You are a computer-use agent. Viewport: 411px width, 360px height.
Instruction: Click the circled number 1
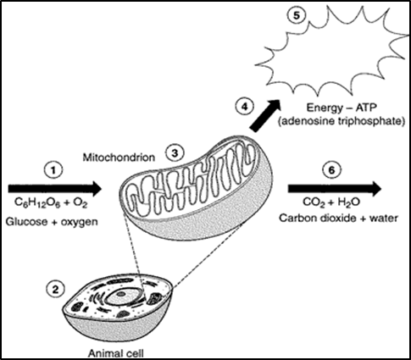click(53, 170)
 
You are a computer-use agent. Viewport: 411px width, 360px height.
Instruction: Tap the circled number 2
click(56, 290)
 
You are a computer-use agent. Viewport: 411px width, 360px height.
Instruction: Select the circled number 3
click(175, 153)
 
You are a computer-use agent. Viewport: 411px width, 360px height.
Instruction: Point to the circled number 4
click(245, 107)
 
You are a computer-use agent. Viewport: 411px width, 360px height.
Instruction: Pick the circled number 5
click(297, 15)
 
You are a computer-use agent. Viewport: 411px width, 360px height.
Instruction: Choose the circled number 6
click(332, 170)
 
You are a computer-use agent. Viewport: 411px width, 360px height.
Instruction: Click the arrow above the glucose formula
click(55, 189)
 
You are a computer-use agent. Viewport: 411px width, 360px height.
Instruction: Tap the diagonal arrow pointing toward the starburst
click(265, 115)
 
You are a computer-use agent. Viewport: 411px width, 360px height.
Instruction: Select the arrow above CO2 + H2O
click(335, 189)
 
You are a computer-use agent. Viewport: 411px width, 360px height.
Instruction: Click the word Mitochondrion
click(119, 158)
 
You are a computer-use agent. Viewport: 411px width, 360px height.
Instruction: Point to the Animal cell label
click(116, 353)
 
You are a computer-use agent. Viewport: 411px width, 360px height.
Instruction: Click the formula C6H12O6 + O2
click(51, 204)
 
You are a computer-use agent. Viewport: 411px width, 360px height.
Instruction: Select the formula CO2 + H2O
click(331, 203)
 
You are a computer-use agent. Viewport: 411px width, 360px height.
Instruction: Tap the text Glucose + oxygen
click(52, 222)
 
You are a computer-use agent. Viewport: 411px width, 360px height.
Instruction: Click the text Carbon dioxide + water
click(339, 219)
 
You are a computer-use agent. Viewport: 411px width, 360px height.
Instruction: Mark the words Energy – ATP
click(342, 108)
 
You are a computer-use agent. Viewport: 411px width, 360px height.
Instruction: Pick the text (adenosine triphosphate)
click(342, 121)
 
